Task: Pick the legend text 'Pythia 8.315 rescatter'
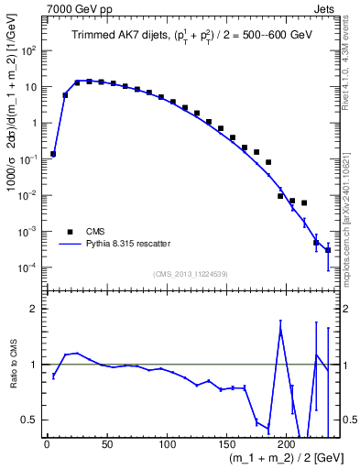125,244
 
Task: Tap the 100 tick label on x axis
167,443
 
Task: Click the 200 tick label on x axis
287,443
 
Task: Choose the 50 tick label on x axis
106,443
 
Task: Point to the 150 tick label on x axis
227,443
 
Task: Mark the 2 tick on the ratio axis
36,310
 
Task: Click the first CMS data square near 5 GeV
53,154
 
